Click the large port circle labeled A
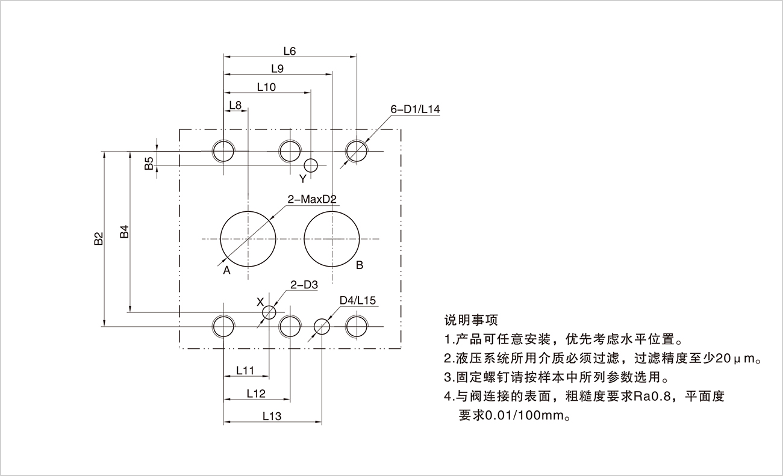[248, 239]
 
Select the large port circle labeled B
[332, 239]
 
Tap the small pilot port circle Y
[311, 165]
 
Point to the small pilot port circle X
[269, 312]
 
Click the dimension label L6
[289, 52]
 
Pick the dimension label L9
[278, 69]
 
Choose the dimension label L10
[266, 87]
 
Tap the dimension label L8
[236, 105]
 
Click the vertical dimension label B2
[99, 239]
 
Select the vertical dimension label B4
[124, 232]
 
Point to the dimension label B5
[149, 162]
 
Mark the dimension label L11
[245, 371]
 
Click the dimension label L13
[272, 416]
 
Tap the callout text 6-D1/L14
[415, 110]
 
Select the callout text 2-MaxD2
[311, 199]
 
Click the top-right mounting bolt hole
[357, 150]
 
